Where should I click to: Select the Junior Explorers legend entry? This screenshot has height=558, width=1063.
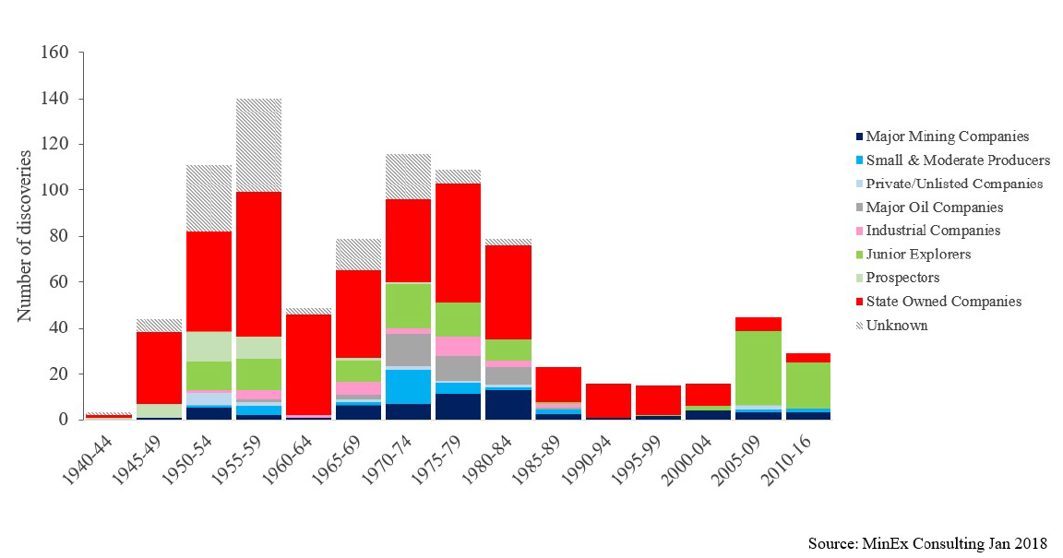point(918,254)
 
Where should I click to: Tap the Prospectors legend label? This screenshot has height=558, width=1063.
point(902,278)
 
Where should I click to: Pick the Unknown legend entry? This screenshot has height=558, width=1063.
point(897,325)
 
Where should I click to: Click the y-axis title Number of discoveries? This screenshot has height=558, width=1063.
point(25,236)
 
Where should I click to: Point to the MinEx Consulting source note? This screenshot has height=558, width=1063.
point(927,542)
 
